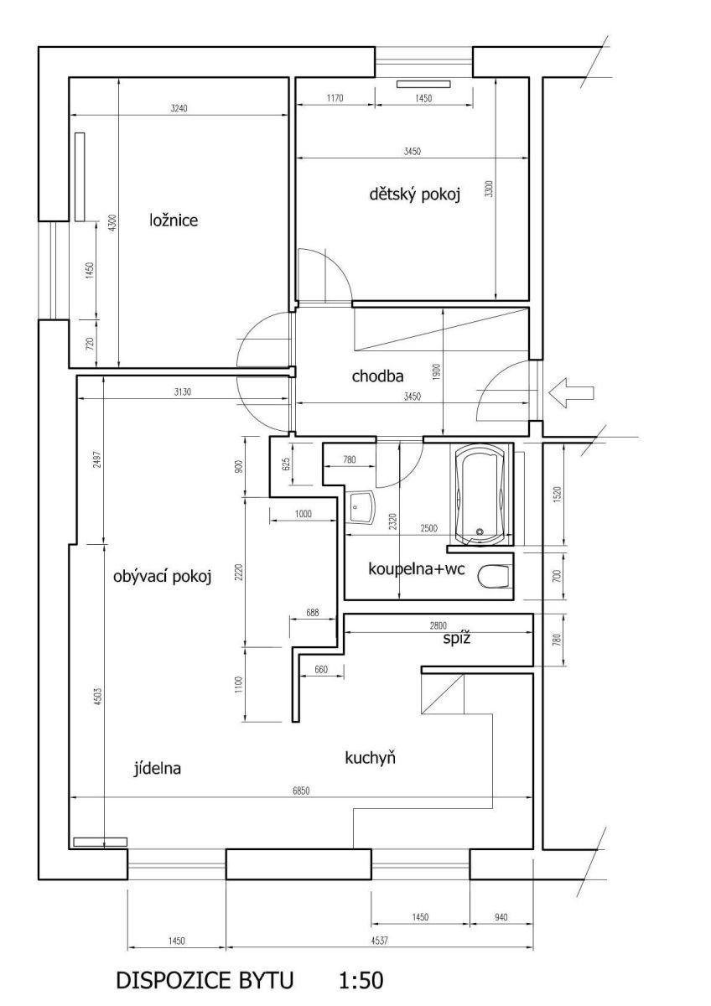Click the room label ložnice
[174, 220]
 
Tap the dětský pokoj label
[414, 194]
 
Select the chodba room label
[377, 376]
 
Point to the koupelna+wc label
[417, 569]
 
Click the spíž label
[457, 638]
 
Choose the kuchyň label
[370, 758]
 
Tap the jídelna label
[157, 768]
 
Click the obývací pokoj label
[162, 576]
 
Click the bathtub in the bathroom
[480, 495]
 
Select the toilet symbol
[495, 576]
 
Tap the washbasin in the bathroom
[361, 507]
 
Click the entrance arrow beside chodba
[571, 393]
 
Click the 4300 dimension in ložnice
[112, 223]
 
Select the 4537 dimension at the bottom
[380, 940]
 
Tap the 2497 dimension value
[98, 459]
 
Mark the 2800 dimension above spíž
[439, 625]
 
